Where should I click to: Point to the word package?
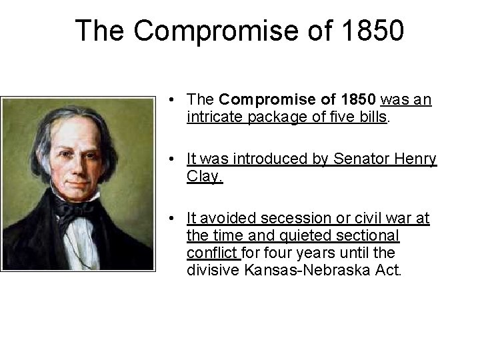[269, 117]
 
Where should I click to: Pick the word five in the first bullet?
[332, 117]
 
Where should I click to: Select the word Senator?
[353, 159]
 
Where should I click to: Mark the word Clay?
[204, 177]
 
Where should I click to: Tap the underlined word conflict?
[212, 253]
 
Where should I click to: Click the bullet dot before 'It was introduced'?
[172, 160]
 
